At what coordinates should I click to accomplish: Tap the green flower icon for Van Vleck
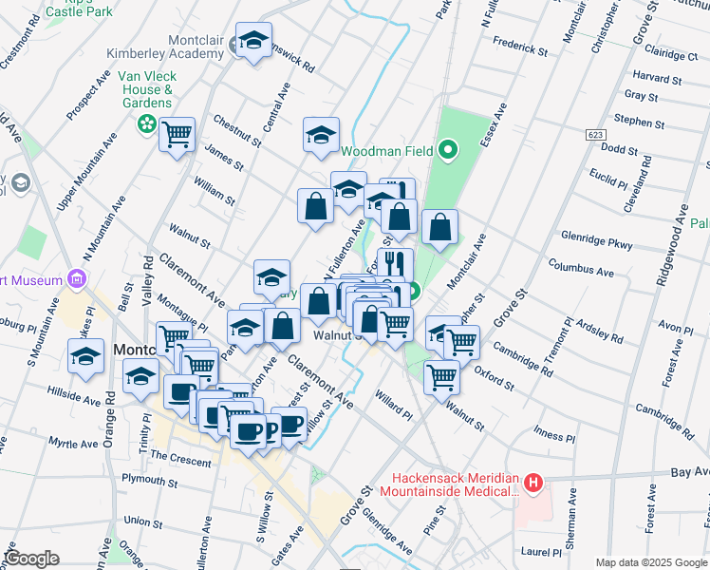pos(146,123)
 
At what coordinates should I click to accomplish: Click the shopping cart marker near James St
pos(177,134)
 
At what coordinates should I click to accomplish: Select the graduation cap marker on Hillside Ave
pos(85,357)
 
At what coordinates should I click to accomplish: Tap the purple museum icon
pos(77,279)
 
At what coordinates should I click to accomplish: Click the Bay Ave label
pos(689,471)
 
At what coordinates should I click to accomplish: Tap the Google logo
pos(31,558)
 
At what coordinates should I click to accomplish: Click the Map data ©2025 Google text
pos(651,561)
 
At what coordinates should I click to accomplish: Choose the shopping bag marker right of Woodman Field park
pos(439,228)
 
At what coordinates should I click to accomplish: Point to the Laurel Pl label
pos(541,551)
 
